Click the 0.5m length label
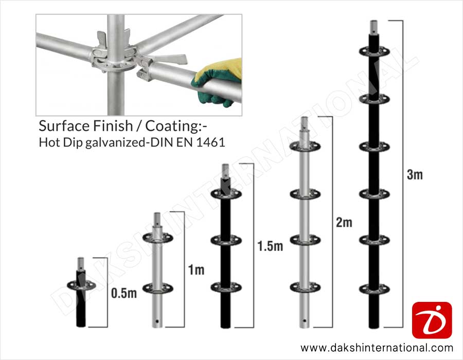coord(124,293)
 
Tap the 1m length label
coord(197,269)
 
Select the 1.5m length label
coord(270,246)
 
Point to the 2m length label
coord(344,222)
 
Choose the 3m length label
coord(415,175)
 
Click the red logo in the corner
coord(432,320)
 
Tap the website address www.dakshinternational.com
coord(377,348)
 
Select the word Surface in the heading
coord(64,125)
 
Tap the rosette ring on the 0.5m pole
coord(81,285)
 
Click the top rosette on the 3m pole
coord(374,51)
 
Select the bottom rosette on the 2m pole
coord(305,287)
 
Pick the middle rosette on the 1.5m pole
coord(226,240)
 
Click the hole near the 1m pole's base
coord(157,321)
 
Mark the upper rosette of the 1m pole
coord(157,238)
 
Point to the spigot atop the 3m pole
coord(374,27)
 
